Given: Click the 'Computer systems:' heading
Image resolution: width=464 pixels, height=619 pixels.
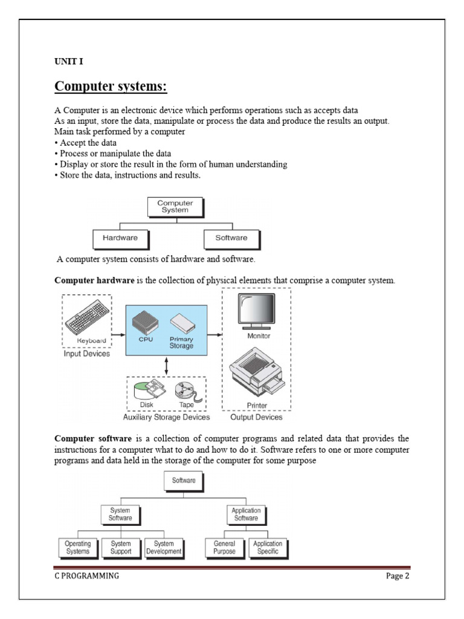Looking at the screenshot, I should [111, 87].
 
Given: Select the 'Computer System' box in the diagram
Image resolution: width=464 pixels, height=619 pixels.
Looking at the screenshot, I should [175, 207].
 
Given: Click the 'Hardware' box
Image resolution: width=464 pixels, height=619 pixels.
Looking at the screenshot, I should [120, 238].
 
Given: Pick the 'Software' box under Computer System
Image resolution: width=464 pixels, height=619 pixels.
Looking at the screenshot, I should [231, 238].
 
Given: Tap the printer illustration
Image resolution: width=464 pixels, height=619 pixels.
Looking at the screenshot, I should [257, 373].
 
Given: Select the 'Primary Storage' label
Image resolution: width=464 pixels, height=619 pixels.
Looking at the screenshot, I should [181, 342].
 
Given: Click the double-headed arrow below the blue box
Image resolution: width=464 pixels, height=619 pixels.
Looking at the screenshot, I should [166, 365].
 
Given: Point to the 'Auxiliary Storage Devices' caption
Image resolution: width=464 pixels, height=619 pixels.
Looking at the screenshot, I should [166, 417].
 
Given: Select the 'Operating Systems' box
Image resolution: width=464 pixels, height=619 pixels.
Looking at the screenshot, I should [77, 548].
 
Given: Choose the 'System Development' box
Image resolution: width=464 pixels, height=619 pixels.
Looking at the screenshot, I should [164, 548].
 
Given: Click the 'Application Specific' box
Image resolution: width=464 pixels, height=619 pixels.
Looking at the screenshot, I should [268, 548].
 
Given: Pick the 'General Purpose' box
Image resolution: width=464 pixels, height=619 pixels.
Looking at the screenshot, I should [224, 548].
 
